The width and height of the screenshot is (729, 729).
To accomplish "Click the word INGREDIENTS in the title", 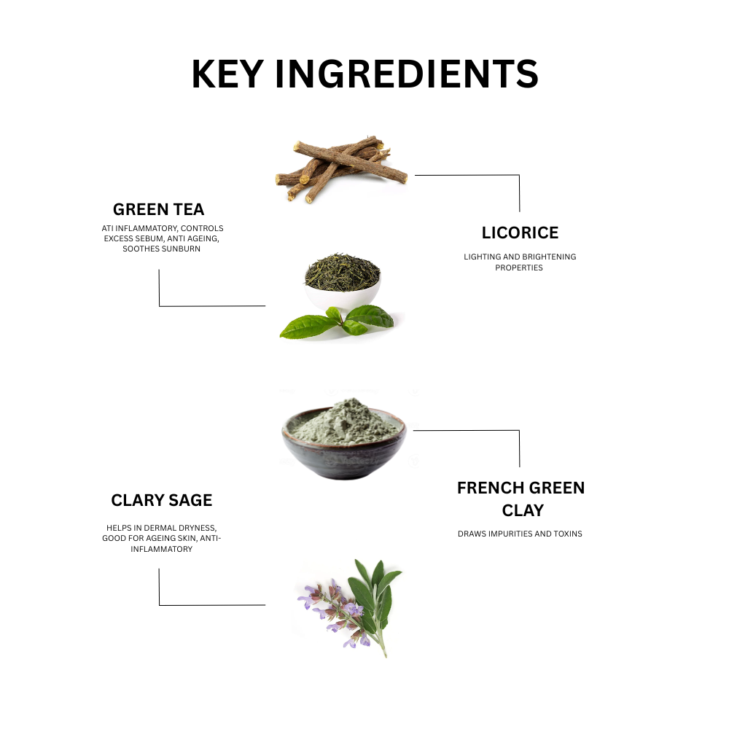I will [x=409, y=74].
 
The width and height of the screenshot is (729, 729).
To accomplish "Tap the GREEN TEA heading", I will [x=159, y=210].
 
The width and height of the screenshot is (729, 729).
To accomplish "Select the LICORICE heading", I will [x=520, y=233].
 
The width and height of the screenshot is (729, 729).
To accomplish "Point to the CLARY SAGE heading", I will [x=162, y=500].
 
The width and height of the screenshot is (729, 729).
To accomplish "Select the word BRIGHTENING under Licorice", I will [x=550, y=257].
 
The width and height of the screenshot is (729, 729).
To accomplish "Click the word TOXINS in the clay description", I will [x=567, y=534].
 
